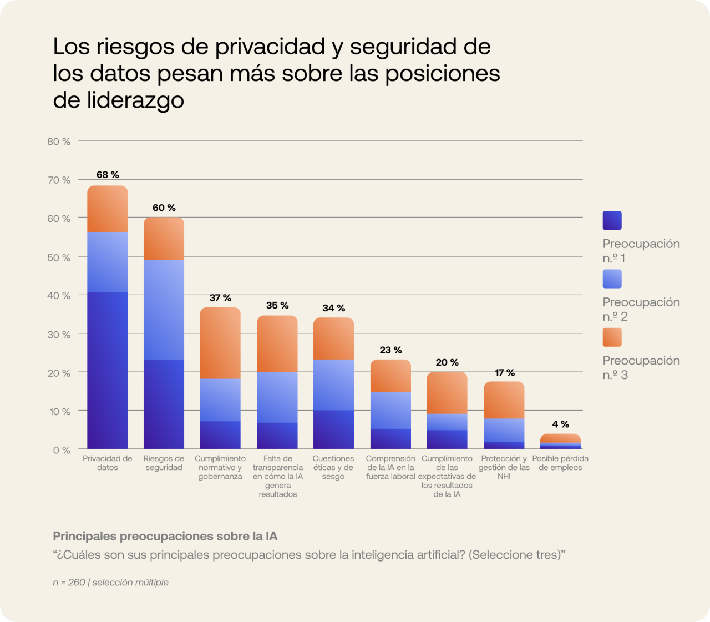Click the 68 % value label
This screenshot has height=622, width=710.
108,175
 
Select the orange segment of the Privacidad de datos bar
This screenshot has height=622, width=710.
108,209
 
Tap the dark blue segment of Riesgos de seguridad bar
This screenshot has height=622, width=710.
164,404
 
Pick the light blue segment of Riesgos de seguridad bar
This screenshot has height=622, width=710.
164,310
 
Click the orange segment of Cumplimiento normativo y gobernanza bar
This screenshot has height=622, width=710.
220,343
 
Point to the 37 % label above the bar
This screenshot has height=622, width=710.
220,298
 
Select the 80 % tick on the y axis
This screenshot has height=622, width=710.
59,141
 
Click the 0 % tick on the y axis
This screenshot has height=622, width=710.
62,450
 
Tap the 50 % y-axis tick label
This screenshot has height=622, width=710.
59,257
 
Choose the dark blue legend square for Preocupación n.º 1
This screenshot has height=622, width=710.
612,220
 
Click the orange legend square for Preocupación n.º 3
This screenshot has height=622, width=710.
612,337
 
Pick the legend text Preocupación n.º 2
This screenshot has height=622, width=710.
641,309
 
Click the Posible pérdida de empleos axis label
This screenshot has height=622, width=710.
560,463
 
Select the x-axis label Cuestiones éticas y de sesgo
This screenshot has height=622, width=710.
333,467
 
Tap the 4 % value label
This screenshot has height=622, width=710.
560,424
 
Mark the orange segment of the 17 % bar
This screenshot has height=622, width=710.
504,400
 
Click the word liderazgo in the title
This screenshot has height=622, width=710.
135,100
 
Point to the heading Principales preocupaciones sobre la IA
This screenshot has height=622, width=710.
165,536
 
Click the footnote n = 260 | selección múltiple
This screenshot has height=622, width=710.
110,582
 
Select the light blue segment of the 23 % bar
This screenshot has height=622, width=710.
390,410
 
